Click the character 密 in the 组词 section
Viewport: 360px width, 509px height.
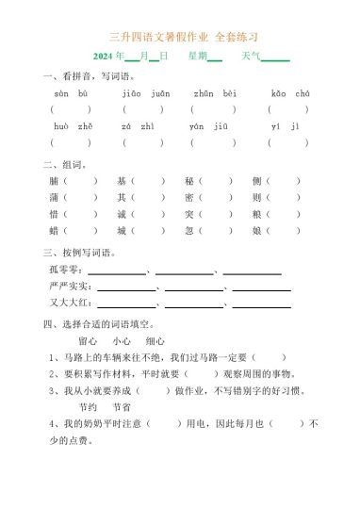tap(189, 197)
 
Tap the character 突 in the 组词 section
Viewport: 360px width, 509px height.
tap(189, 213)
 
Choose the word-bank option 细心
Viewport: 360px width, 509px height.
tap(156, 341)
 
